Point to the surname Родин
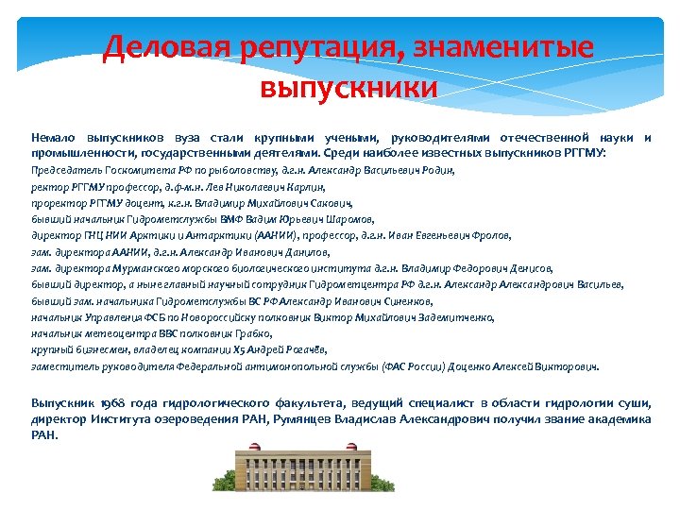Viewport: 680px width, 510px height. tap(437, 171)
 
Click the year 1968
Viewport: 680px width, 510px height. tap(126, 403)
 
